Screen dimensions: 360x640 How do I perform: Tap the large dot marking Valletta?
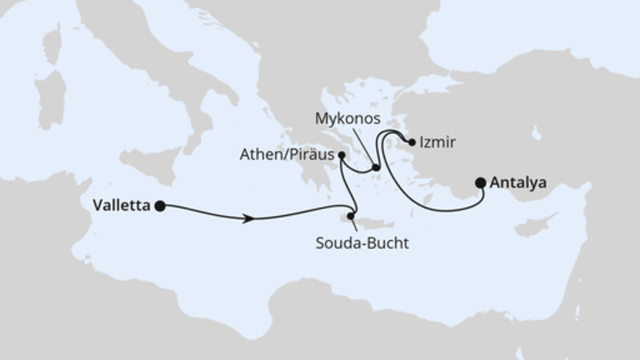[160, 206]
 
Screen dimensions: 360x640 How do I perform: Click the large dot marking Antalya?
[481, 182]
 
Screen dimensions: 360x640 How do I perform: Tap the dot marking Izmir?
[412, 144]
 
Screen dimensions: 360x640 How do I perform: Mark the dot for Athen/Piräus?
[342, 155]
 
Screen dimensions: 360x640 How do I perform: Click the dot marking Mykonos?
[375, 167]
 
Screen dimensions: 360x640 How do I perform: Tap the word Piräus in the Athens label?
[313, 155]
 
